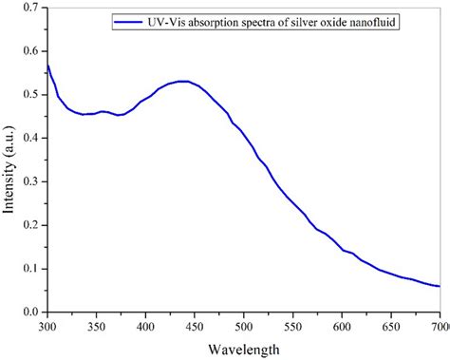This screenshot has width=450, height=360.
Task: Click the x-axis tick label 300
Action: click(47, 326)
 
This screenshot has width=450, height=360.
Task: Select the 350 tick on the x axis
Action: click(96, 326)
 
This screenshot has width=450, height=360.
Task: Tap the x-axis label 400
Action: click(145, 326)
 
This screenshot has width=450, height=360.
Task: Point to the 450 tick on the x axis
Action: click(195, 326)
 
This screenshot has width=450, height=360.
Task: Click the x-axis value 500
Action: click(244, 326)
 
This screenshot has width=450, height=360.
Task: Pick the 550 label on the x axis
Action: click(293, 326)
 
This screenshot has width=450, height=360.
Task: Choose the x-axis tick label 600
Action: click(342, 326)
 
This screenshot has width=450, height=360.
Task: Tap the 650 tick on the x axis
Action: click(391, 326)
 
